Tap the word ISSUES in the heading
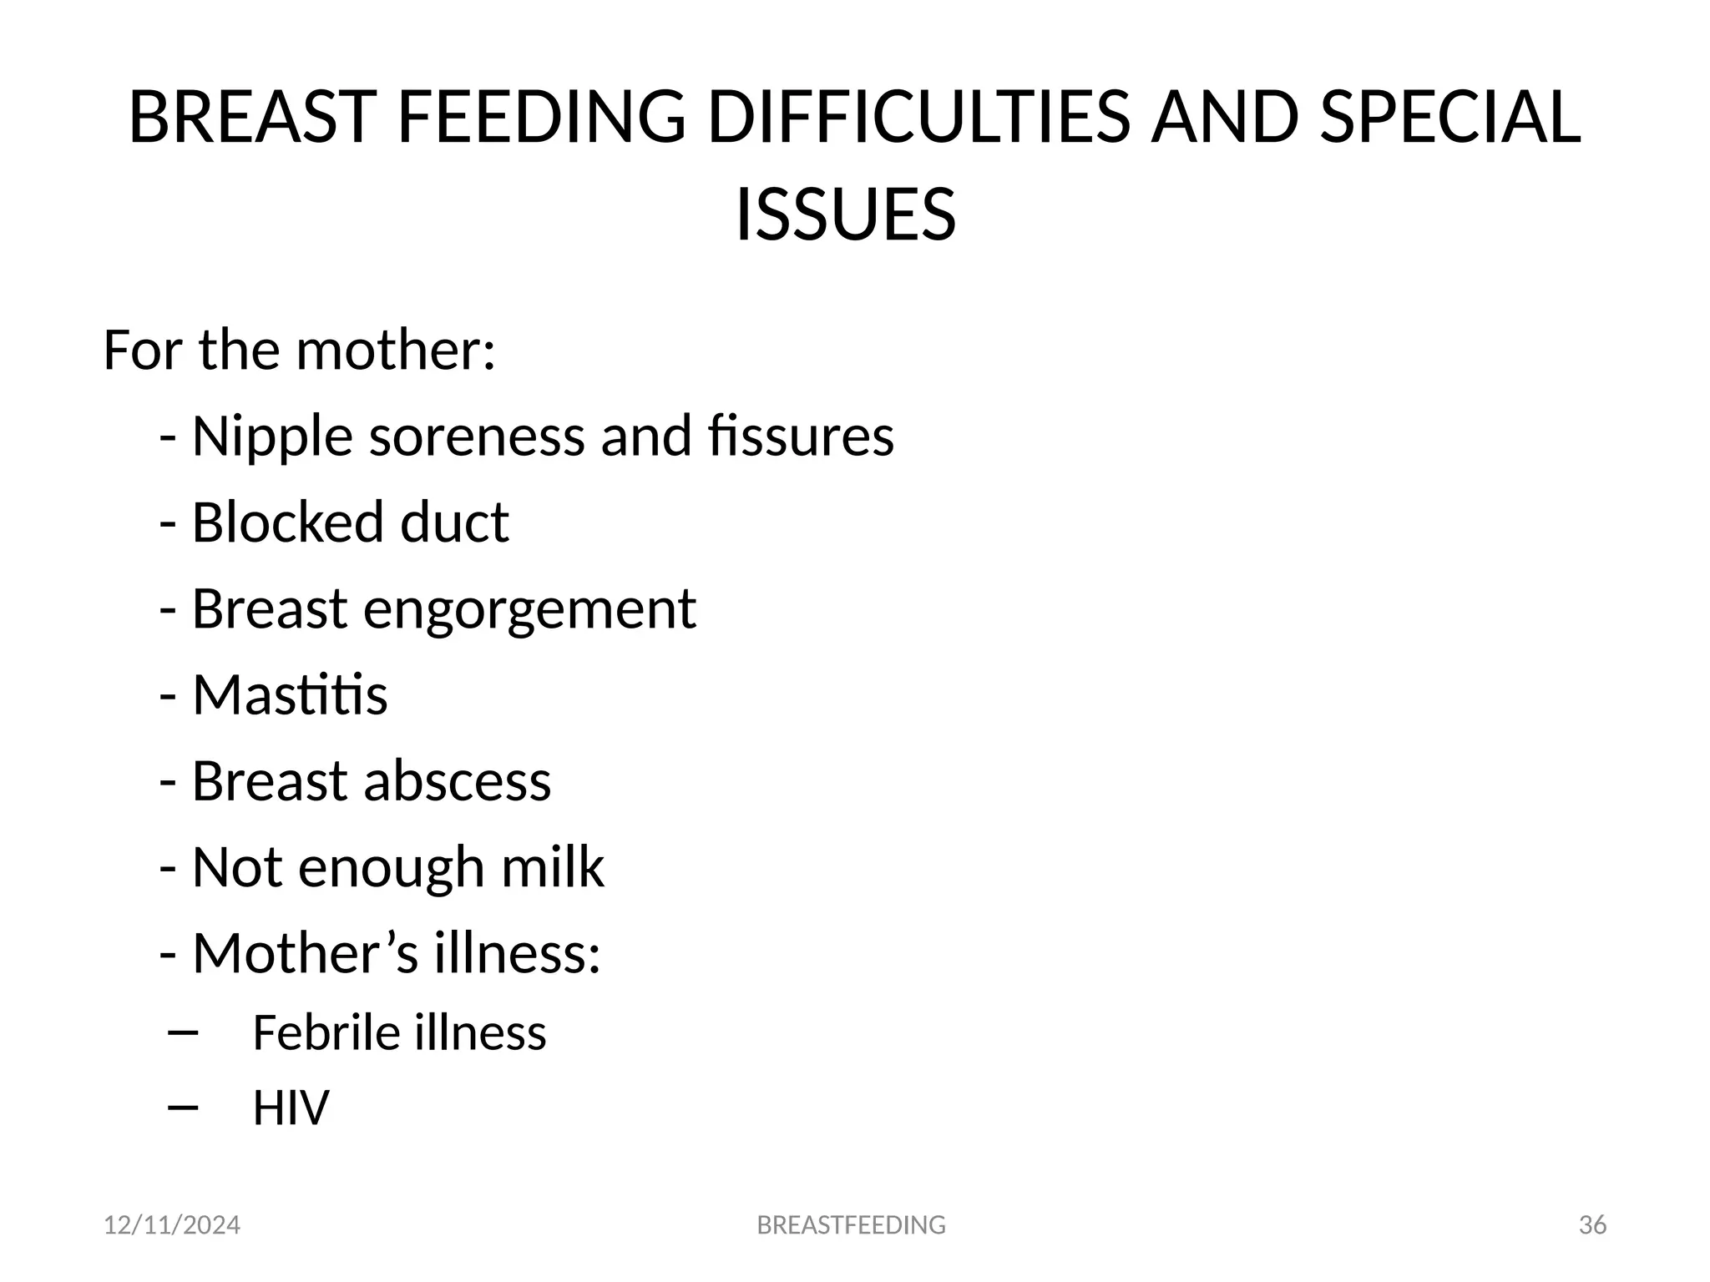[845, 215]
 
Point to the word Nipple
[272, 437]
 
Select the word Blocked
[288, 522]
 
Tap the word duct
[454, 522]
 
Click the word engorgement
[529, 610]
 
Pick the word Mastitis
[290, 695]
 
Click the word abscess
[457, 781]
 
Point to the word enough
[391, 867]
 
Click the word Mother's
[306, 953]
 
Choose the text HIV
[291, 1108]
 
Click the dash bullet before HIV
[182, 1108]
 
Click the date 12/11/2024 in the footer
[172, 1225]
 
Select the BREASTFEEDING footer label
[851, 1225]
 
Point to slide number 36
[1592, 1225]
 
